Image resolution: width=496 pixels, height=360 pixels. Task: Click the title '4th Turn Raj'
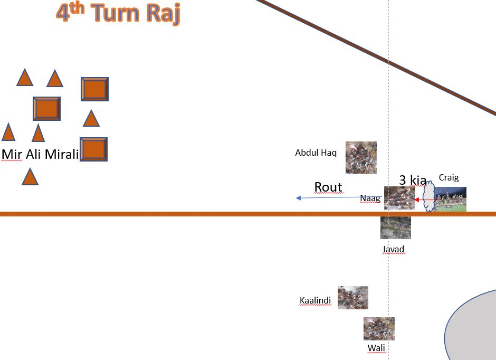118,13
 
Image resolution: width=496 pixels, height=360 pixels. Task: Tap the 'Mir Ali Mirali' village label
40,154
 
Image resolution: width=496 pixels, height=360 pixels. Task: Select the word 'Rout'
328,187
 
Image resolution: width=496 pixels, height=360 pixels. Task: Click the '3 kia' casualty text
412,180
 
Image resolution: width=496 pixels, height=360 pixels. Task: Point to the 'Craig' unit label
449,177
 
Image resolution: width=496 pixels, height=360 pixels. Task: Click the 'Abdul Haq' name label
316,153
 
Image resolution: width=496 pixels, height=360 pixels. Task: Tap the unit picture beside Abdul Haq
361,157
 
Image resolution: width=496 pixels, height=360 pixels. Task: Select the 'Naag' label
370,198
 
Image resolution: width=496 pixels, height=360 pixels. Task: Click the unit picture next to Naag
399,198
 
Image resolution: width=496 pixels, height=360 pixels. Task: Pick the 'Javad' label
393,249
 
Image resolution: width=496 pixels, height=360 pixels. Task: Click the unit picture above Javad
395,228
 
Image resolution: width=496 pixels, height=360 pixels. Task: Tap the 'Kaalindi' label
315,301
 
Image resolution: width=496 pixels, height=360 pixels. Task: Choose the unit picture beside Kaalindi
352,298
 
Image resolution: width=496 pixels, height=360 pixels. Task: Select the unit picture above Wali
379,328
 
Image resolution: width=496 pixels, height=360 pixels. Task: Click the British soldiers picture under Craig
450,199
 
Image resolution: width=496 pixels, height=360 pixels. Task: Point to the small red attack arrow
421,200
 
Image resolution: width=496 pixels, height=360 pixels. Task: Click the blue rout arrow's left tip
298,198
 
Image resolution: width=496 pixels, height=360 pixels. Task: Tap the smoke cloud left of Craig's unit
429,197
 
